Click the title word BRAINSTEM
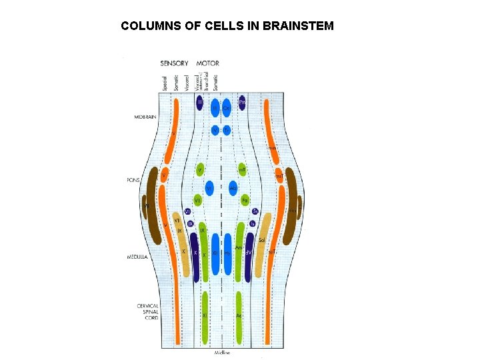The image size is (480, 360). [x=299, y=27]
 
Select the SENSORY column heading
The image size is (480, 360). [x=174, y=63]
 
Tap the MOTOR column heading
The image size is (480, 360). [x=208, y=63]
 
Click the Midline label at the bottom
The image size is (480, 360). [x=222, y=352]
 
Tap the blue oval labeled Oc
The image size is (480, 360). [x=227, y=107]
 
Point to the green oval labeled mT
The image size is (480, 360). [x=243, y=171]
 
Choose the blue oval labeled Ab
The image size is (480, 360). [x=233, y=189]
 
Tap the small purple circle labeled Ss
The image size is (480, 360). [x=255, y=211]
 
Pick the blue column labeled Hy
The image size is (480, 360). [x=229, y=254]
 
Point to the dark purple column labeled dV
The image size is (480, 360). [x=248, y=253]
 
